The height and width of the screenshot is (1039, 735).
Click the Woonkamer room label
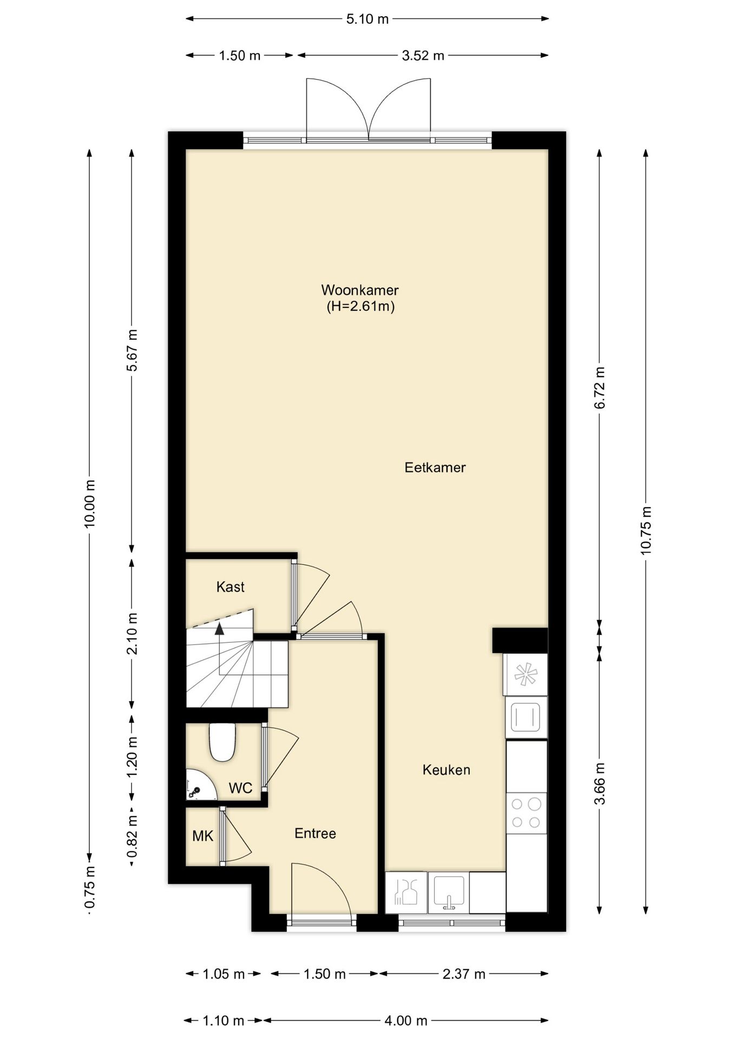click(359, 290)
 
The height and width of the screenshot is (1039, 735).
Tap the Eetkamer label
click(435, 468)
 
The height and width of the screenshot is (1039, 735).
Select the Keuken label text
click(446, 770)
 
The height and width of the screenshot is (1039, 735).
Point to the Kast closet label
click(230, 587)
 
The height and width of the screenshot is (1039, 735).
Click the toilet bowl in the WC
click(222, 742)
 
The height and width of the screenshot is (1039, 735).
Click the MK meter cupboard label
click(202, 836)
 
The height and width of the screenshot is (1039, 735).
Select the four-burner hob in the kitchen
click(526, 813)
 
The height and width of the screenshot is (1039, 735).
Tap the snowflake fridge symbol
click(525, 674)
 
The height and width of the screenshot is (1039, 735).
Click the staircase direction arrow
click(219, 629)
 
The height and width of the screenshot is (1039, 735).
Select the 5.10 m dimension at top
click(367, 19)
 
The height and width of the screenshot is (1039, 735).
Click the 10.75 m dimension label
click(646, 530)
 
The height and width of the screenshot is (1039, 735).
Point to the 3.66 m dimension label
click(600, 784)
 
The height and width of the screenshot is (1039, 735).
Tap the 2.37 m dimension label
click(464, 974)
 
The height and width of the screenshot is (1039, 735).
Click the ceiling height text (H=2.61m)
click(360, 306)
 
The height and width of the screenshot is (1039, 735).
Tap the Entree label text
click(315, 833)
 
